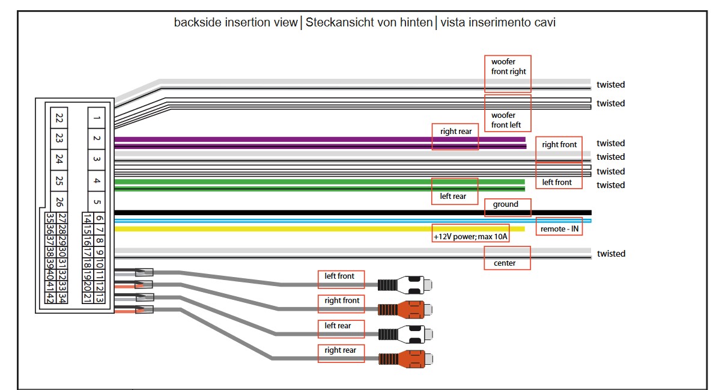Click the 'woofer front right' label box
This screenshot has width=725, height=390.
(x=508, y=67)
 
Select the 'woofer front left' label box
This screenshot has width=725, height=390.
(x=508, y=120)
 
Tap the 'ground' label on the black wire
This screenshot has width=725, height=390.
(x=508, y=204)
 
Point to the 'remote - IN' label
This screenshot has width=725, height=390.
(x=559, y=229)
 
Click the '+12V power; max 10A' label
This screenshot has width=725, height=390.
(x=470, y=237)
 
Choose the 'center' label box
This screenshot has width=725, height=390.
(x=508, y=263)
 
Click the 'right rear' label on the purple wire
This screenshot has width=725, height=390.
(x=455, y=132)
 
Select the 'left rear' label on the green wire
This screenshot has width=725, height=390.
(x=455, y=196)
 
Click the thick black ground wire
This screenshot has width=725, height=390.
(x=300, y=212)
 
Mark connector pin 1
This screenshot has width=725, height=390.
(x=97, y=117)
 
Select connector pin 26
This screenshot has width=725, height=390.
(x=59, y=201)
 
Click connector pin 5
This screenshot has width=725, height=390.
(x=97, y=202)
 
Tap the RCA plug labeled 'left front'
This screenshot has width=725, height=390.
(x=405, y=284)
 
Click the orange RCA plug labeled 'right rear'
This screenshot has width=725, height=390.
(x=405, y=358)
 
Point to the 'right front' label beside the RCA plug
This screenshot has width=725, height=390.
(x=341, y=300)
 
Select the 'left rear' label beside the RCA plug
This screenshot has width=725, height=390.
(x=341, y=326)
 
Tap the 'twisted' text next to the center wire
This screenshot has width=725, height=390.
(x=610, y=254)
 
